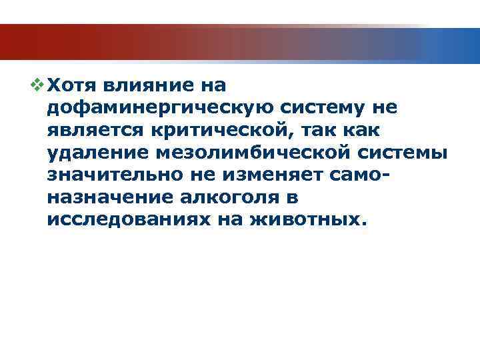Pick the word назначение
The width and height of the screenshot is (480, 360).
click(107, 198)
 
